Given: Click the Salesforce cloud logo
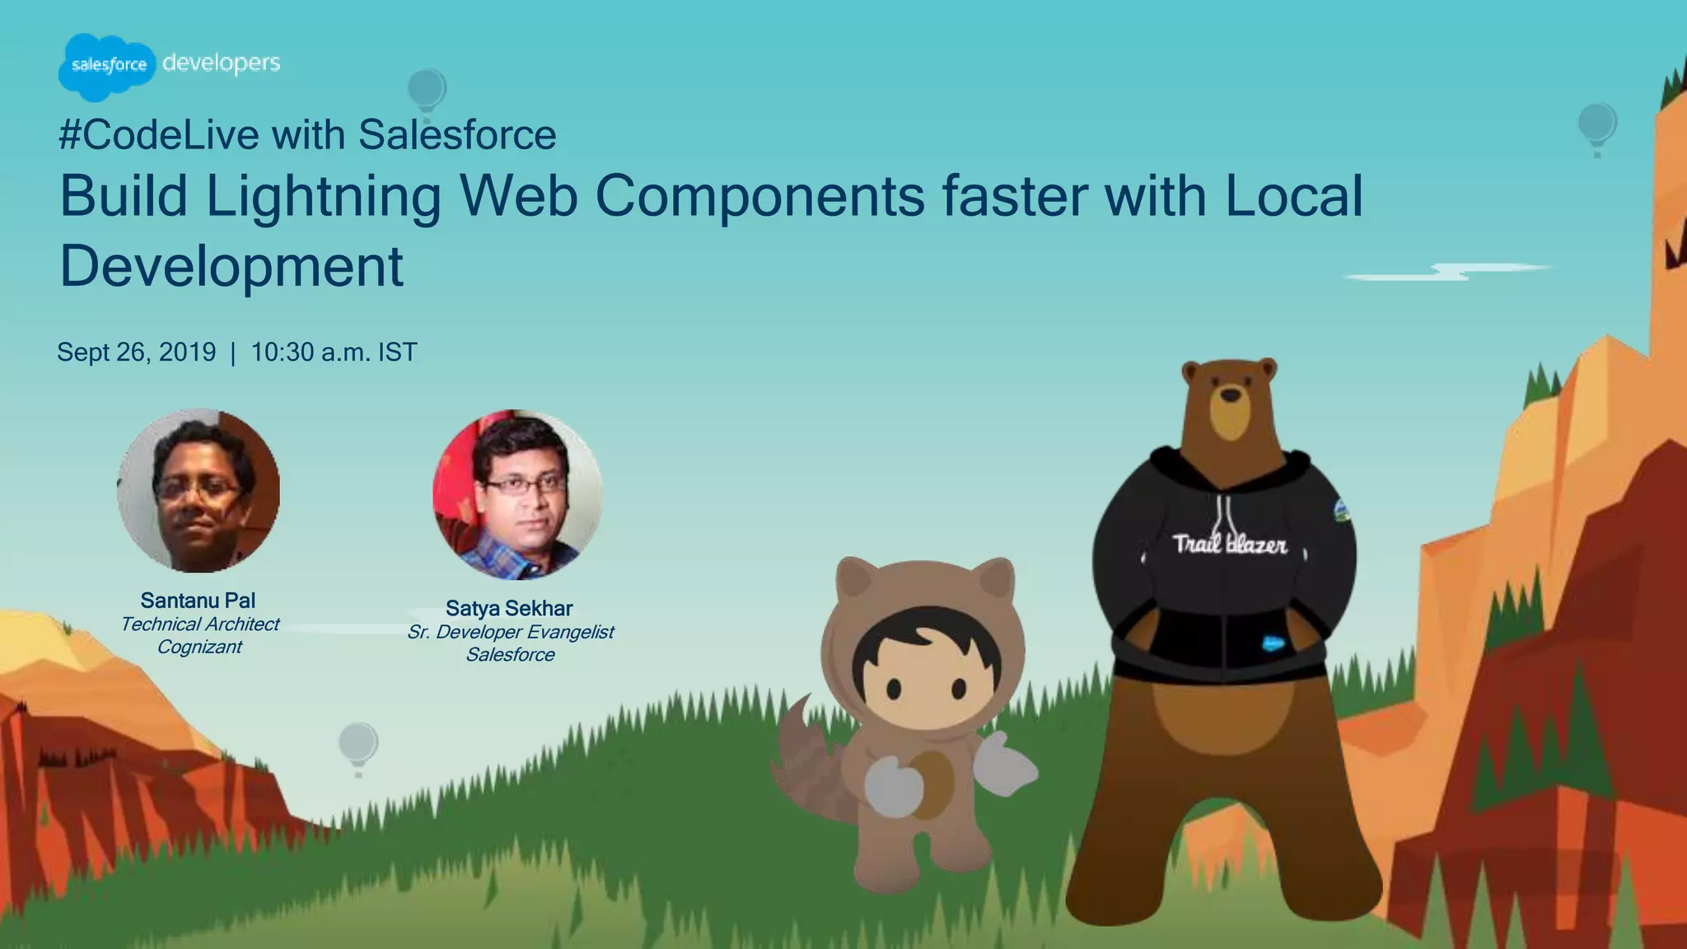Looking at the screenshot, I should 107,66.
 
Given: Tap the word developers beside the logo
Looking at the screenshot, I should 221,63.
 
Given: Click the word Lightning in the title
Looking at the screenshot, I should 323,198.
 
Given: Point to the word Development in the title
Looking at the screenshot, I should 231,266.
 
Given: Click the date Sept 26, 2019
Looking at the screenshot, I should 136,353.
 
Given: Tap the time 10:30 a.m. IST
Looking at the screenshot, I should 334,353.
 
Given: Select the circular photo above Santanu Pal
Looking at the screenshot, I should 199,490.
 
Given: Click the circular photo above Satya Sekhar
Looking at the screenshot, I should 517,493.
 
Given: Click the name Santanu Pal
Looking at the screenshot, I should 198,601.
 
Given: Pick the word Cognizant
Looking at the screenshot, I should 199,647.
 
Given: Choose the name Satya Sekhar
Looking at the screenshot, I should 509,609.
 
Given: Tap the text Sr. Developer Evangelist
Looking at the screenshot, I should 511,632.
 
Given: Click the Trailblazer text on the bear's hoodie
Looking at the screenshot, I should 1229,545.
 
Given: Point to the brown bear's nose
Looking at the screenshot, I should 1230,395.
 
